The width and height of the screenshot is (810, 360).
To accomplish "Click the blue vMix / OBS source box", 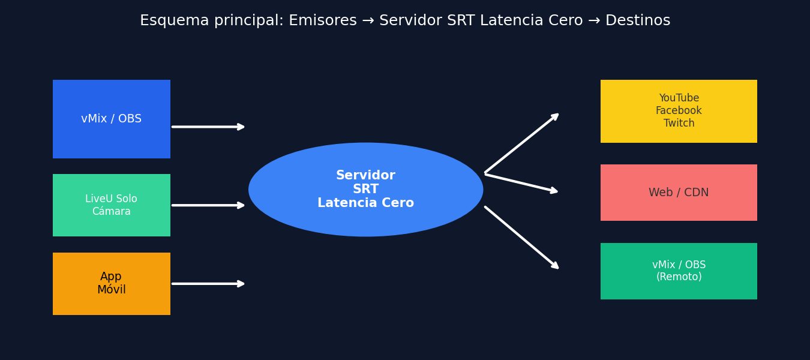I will pos(112,119).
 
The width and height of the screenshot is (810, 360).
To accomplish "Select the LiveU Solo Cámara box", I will pos(112,205).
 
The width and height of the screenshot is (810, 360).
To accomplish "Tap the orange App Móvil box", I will pos(112,284).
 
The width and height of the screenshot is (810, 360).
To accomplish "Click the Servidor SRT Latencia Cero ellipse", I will pos(366,190).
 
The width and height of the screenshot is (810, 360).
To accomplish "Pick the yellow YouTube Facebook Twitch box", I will pos(679,111).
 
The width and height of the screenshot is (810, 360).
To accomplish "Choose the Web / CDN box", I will pos(679,193).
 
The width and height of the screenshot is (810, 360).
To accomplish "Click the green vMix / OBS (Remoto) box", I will pos(679,271).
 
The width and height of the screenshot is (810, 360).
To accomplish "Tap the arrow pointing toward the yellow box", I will pos(521,143).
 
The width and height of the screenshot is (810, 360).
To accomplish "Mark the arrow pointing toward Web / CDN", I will pos(521,183).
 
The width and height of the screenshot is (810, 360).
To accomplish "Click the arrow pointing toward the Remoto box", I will pos(521,238).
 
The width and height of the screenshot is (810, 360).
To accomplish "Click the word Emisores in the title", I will pos(323,21).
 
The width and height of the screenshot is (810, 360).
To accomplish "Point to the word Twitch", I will pos(679,124).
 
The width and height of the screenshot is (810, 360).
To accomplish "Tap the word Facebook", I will pos(679,111).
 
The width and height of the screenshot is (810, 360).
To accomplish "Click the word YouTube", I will pos(679,98).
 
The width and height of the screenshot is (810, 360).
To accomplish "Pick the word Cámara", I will pos(112,212).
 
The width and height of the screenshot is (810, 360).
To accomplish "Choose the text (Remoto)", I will pos(679,277).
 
